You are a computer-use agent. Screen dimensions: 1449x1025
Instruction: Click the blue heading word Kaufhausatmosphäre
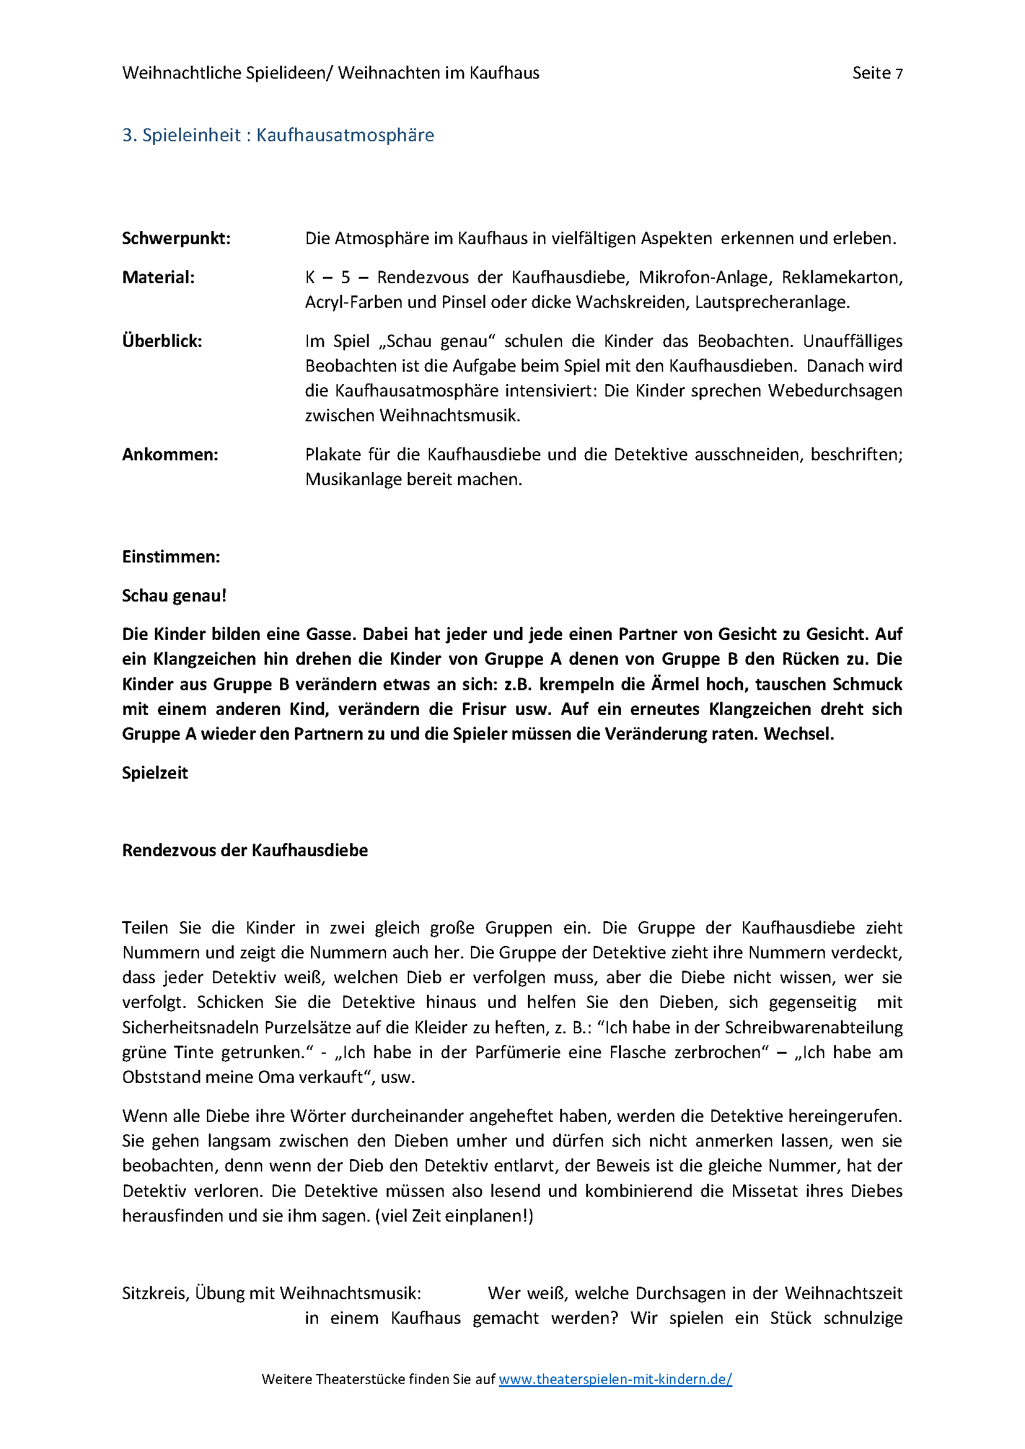(x=345, y=135)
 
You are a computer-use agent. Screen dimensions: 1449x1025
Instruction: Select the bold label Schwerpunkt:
(x=176, y=239)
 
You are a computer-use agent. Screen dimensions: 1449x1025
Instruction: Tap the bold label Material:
(x=159, y=277)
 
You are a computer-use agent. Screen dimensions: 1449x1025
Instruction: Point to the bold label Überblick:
(x=162, y=341)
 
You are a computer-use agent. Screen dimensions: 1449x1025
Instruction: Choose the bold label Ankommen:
(x=170, y=455)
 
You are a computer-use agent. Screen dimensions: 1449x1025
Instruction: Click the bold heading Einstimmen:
(x=171, y=557)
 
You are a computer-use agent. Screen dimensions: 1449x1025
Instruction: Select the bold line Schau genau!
(x=174, y=596)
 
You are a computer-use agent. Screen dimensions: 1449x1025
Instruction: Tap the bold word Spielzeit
(x=155, y=773)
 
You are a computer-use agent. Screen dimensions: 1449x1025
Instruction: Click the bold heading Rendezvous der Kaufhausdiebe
(x=245, y=851)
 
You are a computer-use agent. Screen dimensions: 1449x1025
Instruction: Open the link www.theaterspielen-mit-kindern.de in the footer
(x=615, y=1379)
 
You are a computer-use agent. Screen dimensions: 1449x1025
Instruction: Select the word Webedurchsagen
(x=834, y=392)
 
